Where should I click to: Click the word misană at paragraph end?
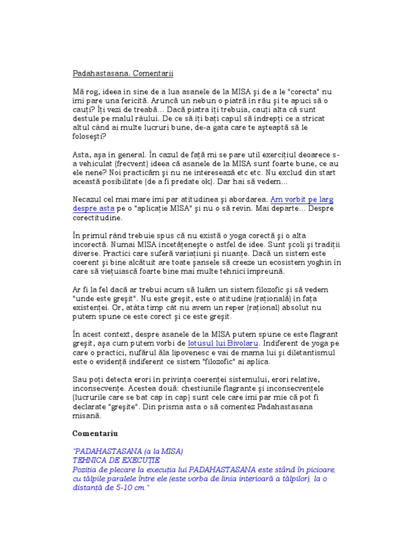pos(87,416)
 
